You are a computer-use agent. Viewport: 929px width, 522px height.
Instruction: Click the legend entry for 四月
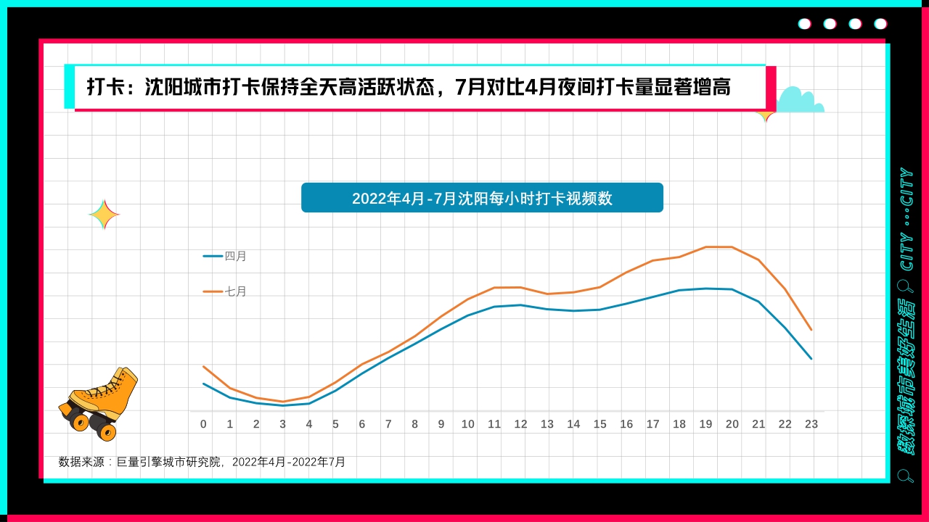pyautogui.click(x=226, y=256)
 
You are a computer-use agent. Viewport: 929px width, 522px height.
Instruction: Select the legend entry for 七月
pyautogui.click(x=226, y=291)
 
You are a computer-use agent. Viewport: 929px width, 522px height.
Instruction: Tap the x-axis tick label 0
pyautogui.click(x=203, y=424)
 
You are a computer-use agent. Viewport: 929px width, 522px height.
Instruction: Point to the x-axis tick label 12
pyautogui.click(x=520, y=424)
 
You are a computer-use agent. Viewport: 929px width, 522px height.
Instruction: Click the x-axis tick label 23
pyautogui.click(x=811, y=424)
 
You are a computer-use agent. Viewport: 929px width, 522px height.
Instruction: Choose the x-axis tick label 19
pyautogui.click(x=705, y=424)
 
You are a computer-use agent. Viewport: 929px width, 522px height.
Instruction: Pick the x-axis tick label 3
pyautogui.click(x=283, y=424)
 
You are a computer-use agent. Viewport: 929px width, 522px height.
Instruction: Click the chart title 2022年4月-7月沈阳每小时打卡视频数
pyautogui.click(x=482, y=198)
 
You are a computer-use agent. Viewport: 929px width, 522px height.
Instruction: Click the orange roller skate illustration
pyautogui.click(x=99, y=403)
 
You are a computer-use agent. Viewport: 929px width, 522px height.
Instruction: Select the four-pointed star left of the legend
pyautogui.click(x=104, y=215)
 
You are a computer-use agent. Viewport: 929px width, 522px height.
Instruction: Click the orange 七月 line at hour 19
pyautogui.click(x=705, y=247)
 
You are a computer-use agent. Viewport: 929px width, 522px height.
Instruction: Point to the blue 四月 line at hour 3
pyautogui.click(x=283, y=405)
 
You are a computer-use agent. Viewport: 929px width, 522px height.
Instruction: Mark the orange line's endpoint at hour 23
pyautogui.click(x=811, y=330)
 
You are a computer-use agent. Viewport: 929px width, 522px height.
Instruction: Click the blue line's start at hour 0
pyautogui.click(x=203, y=384)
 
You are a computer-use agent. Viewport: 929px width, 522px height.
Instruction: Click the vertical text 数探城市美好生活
pyautogui.click(x=907, y=377)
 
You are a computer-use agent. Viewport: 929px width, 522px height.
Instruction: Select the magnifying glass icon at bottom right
pyautogui.click(x=905, y=476)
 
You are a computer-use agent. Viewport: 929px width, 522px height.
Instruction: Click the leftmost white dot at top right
pyautogui.click(x=804, y=24)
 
